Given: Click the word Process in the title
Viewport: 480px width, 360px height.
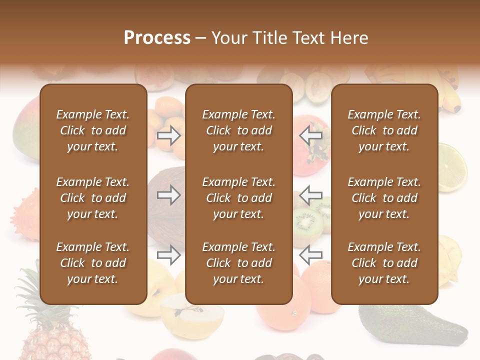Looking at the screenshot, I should tap(157, 38).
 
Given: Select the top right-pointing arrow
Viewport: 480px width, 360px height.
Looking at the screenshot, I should tap(168, 135).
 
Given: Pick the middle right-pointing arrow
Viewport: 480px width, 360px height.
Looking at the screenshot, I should tap(168, 195).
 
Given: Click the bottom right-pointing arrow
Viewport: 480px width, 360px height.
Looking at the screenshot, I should tap(168, 255).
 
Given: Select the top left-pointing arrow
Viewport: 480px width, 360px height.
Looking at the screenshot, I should tap(310, 135).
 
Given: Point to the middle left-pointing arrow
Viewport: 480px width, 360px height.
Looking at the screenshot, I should tap(310, 195).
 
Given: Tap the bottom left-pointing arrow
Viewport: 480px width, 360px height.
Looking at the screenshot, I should tap(310, 255).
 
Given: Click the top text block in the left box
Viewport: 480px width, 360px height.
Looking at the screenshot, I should tap(93, 130).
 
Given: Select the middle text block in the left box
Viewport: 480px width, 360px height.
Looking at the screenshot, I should tap(93, 198).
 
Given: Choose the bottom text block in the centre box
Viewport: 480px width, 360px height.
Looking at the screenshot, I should tap(238, 263).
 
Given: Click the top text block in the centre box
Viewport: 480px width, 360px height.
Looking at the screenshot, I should tap(238, 130).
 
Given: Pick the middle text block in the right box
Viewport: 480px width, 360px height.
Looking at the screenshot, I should tap(384, 198).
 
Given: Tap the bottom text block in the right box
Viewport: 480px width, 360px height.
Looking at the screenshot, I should tap(384, 263).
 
